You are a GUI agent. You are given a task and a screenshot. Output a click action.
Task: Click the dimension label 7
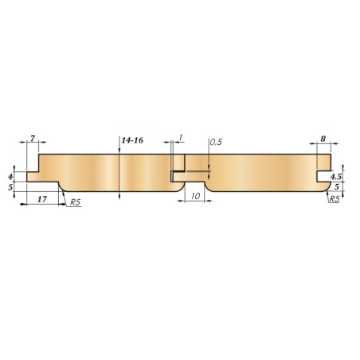[33, 139]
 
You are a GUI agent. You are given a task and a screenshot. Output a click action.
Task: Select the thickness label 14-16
[132, 140]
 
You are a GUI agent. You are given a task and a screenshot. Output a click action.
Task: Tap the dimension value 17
[42, 199]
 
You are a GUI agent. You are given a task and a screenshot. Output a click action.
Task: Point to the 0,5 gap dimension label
[216, 142]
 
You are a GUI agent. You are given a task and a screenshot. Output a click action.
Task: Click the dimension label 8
[323, 139]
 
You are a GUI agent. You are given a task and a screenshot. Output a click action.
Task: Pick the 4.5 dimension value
[336, 177]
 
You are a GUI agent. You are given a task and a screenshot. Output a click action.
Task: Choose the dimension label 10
[195, 196]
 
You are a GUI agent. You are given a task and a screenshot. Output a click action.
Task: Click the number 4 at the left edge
[10, 177]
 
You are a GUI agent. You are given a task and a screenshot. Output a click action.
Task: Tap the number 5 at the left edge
[10, 187]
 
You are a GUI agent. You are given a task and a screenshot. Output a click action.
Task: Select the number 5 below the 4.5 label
[337, 186]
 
